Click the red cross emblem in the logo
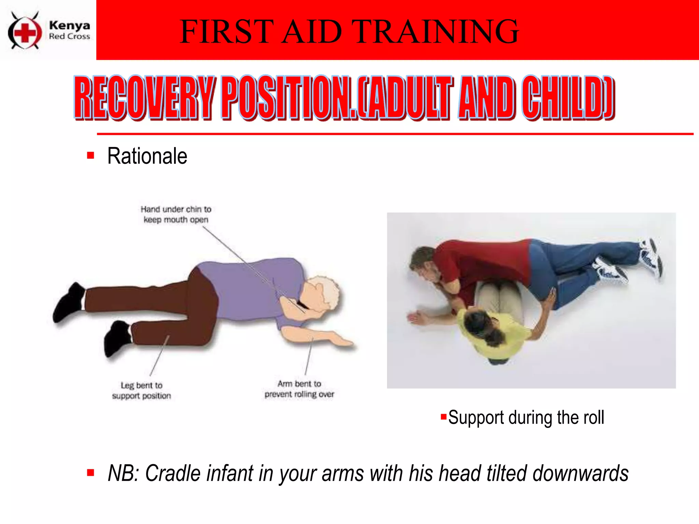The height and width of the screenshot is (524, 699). click(x=25, y=32)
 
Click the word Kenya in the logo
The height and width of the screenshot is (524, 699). click(x=69, y=25)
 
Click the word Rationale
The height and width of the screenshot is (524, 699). click(x=147, y=156)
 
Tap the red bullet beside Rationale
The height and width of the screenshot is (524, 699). click(x=90, y=156)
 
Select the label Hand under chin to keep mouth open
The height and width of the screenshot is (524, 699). click(x=176, y=214)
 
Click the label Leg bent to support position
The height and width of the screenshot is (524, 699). click(x=141, y=390)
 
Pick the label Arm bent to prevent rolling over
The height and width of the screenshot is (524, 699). click(x=299, y=389)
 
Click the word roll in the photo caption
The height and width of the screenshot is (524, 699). click(x=593, y=418)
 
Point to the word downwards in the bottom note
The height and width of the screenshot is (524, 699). click(x=580, y=474)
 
